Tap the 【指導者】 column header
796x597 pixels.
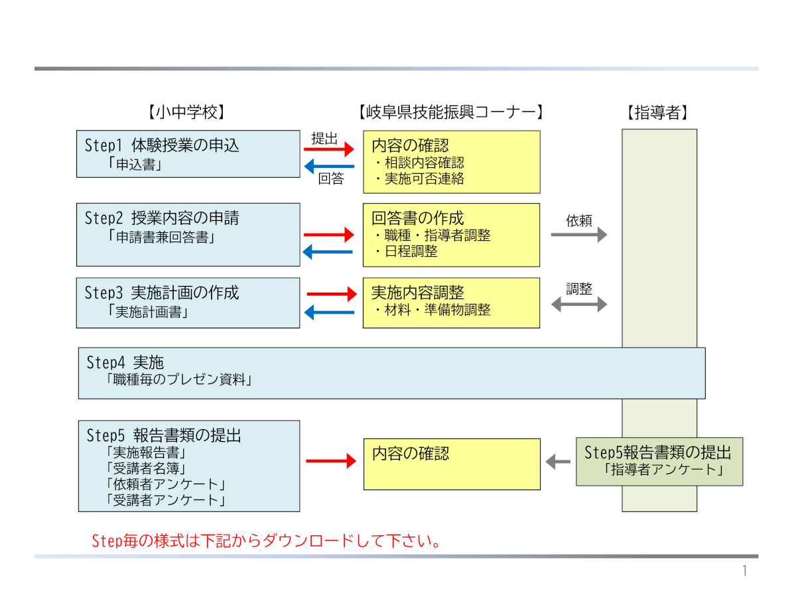pos(657,112)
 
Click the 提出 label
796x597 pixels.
pos(325,139)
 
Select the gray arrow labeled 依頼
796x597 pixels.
pos(579,234)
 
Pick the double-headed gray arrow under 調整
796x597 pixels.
pos(579,304)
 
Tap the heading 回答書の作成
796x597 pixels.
pos(418,218)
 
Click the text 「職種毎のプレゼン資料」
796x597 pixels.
pos(179,380)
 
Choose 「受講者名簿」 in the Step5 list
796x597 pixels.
pos(145,469)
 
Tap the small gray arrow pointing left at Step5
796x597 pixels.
pos(558,461)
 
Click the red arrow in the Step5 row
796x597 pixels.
pos(331,461)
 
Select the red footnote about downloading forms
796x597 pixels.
pos(267,541)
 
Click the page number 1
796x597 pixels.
pos(744,571)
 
